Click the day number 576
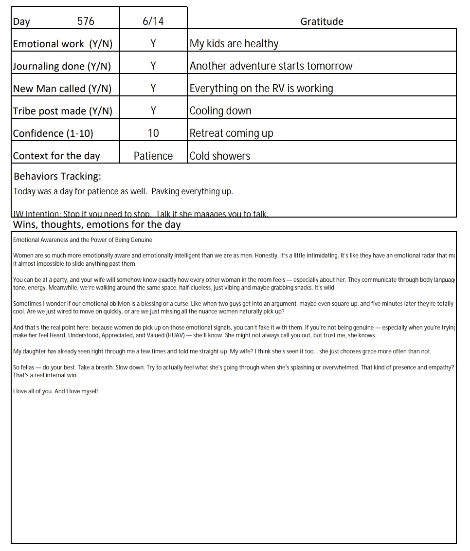pyautogui.click(x=86, y=21)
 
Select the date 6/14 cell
pyautogui.click(x=153, y=21)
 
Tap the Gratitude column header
pyautogui.click(x=322, y=21)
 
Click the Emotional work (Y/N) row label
pyautogui.click(x=63, y=44)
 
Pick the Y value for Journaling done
pyautogui.click(x=153, y=66)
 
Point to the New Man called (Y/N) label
pyautogui.click(x=62, y=89)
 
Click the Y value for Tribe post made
pyautogui.click(x=153, y=111)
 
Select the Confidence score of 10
pyautogui.click(x=153, y=133)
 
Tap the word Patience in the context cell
pyautogui.click(x=153, y=156)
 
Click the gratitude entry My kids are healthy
pyautogui.click(x=234, y=44)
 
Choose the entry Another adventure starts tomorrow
pyautogui.click(x=271, y=66)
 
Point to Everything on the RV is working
pyautogui.click(x=261, y=89)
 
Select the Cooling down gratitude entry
pyautogui.click(x=220, y=111)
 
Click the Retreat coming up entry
pyautogui.click(x=231, y=133)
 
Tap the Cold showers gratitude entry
pyautogui.click(x=220, y=156)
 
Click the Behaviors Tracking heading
pyautogui.click(x=57, y=176)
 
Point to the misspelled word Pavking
pyautogui.click(x=165, y=191)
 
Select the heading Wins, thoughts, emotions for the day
pyautogui.click(x=97, y=225)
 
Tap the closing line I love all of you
pyautogui.click(x=33, y=391)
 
